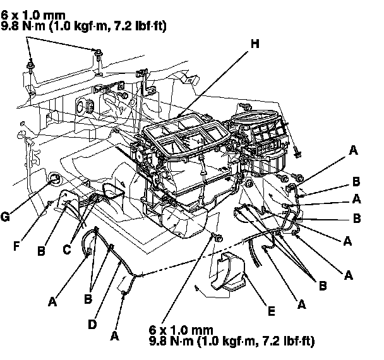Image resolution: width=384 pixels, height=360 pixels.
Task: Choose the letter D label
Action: [x=93, y=323]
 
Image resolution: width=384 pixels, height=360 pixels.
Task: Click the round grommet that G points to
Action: [x=55, y=181]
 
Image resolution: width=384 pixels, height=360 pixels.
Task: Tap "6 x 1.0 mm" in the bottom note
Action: [x=180, y=330]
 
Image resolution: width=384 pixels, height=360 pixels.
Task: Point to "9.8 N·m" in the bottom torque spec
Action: [x=173, y=342]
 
